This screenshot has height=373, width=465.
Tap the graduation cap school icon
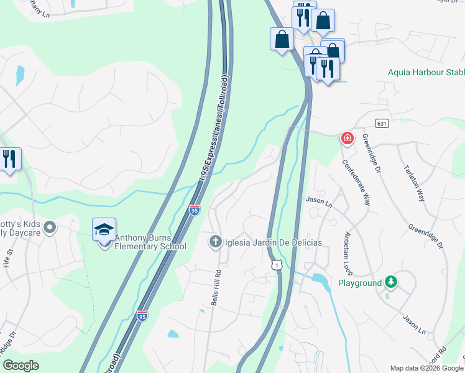(104, 229)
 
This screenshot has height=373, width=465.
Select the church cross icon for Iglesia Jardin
(215, 241)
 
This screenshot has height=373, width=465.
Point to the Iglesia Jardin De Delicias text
(274, 242)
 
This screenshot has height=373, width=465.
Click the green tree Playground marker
(390, 282)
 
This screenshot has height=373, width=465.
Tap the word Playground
(359, 283)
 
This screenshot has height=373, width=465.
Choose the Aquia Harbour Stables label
(426, 72)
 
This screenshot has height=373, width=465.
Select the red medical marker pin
(347, 138)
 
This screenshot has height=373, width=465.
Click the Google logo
(21, 366)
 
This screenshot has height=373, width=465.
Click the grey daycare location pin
(50, 228)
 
